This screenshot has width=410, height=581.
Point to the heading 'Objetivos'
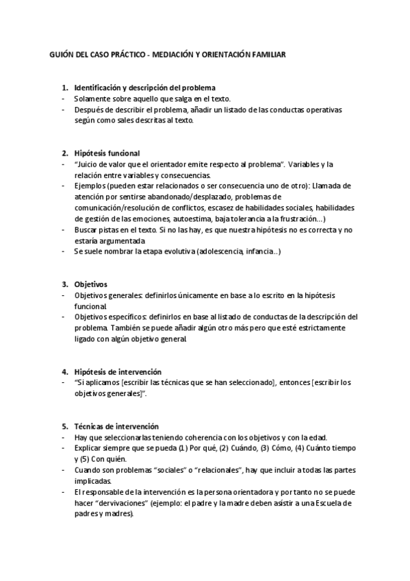tap(90, 284)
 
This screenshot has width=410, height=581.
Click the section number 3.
tap(65, 284)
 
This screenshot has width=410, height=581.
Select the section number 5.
tap(65, 425)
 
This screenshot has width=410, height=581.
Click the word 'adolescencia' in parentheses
tap(218, 251)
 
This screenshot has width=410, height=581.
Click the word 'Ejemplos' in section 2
tap(89, 186)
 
